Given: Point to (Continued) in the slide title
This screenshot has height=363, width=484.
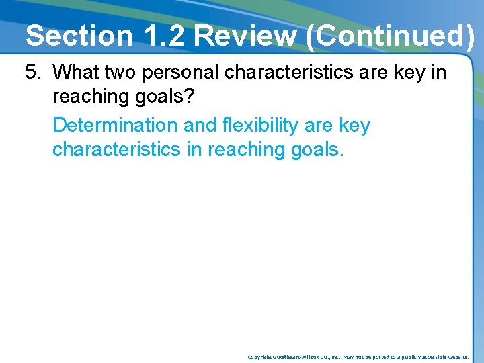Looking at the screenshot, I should [x=390, y=36].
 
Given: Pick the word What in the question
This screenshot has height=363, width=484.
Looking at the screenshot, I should [x=75, y=72].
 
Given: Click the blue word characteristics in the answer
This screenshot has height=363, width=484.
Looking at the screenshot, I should [x=116, y=149].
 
